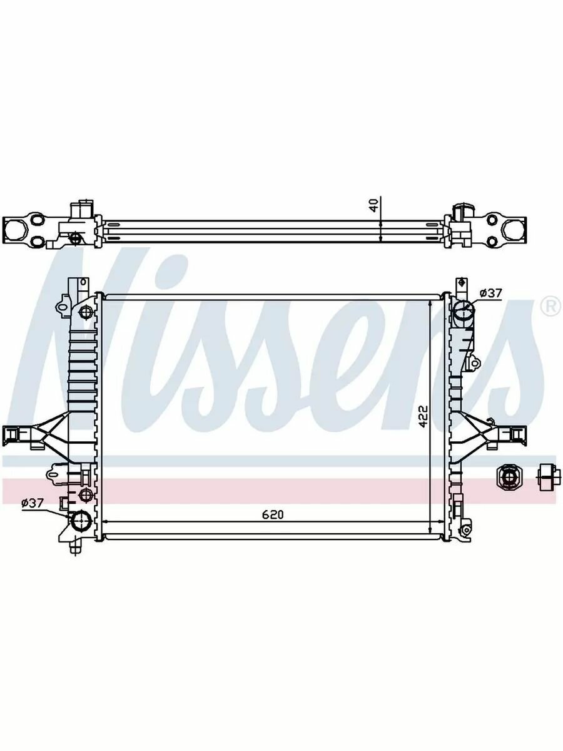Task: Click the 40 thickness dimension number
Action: point(374,205)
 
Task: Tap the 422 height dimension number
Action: point(424,416)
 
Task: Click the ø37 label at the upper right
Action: point(490,293)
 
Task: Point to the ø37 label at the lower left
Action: point(33,503)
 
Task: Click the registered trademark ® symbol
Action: point(550,307)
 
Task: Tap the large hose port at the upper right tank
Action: point(463,310)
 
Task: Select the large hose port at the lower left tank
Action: point(81,522)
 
